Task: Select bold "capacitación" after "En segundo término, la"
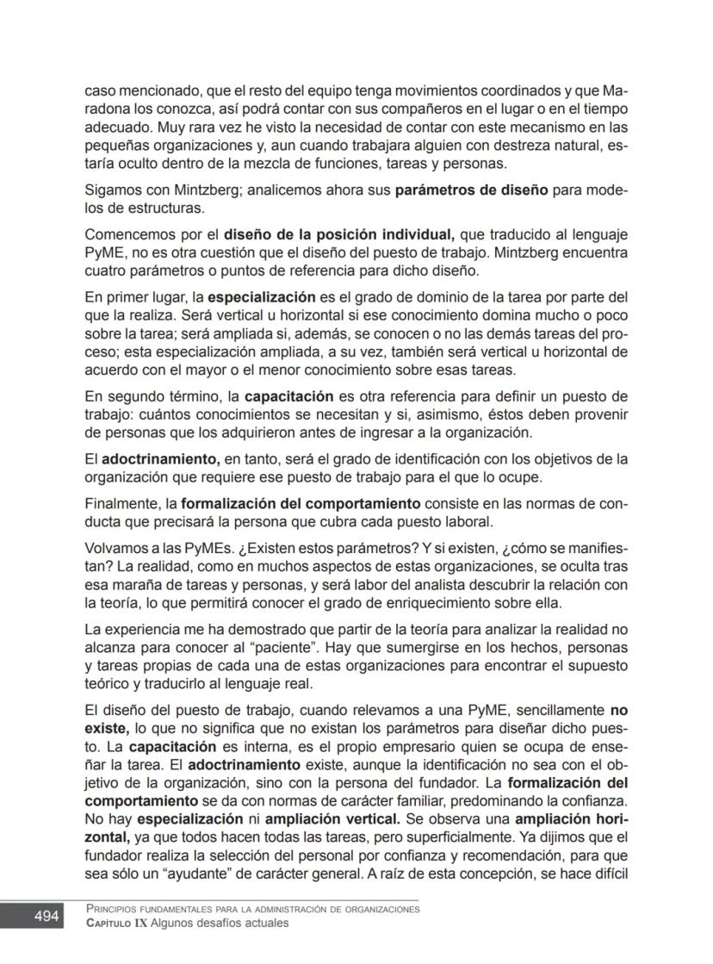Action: pyautogui.click(x=288, y=397)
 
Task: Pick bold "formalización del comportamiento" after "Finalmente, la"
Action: pyautogui.click(x=301, y=502)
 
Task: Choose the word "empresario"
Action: pyautogui.click(x=413, y=746)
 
